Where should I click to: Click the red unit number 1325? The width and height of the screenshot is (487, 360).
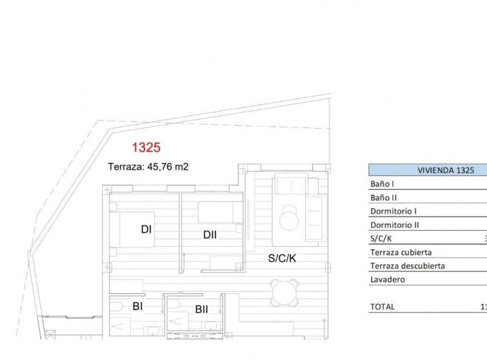[x=146, y=148]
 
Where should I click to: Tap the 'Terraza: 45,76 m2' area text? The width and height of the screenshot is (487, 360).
[x=148, y=167]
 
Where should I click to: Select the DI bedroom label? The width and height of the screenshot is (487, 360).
[x=146, y=229]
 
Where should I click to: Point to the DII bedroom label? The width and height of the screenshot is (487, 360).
[x=210, y=234]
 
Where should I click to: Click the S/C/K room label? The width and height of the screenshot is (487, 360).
[x=282, y=258]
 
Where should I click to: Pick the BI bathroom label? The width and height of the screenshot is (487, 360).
[x=137, y=307]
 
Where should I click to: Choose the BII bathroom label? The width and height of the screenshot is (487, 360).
[x=201, y=310]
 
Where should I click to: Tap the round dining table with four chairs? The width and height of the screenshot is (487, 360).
[x=284, y=292]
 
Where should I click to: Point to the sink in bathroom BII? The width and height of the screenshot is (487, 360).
[x=210, y=326]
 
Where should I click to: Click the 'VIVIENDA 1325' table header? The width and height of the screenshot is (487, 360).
[x=427, y=170]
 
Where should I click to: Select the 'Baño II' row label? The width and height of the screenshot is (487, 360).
[x=383, y=197]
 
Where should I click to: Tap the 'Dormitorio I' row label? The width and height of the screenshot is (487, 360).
[x=390, y=211]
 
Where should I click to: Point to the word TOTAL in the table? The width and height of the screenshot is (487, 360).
[x=382, y=307]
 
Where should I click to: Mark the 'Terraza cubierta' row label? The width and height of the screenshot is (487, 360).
[x=401, y=252]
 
